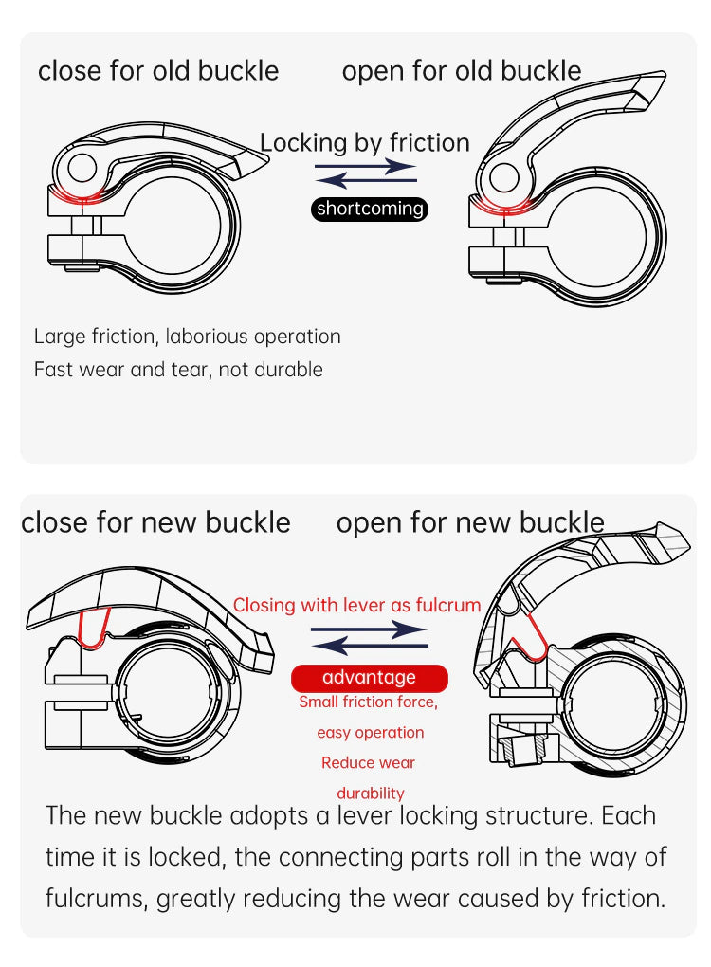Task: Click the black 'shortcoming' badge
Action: point(370,209)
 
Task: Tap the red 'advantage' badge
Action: point(370,678)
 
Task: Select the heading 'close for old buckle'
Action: point(158,71)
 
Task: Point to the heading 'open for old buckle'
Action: point(462,71)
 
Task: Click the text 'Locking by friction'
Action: point(365,142)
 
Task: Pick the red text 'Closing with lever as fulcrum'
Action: point(357,605)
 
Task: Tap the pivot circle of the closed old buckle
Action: point(82,168)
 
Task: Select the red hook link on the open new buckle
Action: point(530,643)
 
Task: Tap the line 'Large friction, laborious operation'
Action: point(188,337)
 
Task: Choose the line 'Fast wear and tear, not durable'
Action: point(179,370)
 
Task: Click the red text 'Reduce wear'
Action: point(368,763)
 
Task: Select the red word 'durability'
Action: point(371,794)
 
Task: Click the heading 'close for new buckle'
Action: point(156,523)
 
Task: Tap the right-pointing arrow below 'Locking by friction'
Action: point(366,167)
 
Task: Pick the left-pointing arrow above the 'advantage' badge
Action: point(370,645)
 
